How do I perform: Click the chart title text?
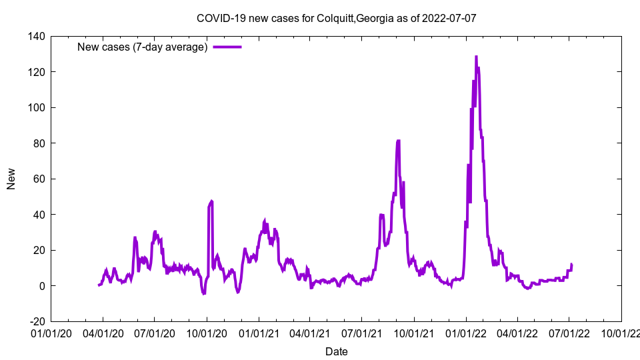[x=336, y=18]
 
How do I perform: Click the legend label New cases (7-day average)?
[x=142, y=47]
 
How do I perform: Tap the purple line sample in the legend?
[x=227, y=47]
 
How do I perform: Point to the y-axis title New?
[x=11, y=179]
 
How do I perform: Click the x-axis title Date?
[x=336, y=351]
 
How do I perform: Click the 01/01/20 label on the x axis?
[x=51, y=332]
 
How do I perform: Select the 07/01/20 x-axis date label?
[x=155, y=332]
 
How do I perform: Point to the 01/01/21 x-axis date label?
[x=259, y=332]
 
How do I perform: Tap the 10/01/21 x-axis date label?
[x=414, y=332]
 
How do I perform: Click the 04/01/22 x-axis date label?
[x=517, y=332]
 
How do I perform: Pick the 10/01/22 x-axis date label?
[x=621, y=332]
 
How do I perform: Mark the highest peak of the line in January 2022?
[x=476, y=57]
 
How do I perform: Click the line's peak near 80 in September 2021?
[x=398, y=141]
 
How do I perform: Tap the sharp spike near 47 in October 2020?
[x=211, y=201]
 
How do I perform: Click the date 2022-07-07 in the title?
[x=451, y=18]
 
